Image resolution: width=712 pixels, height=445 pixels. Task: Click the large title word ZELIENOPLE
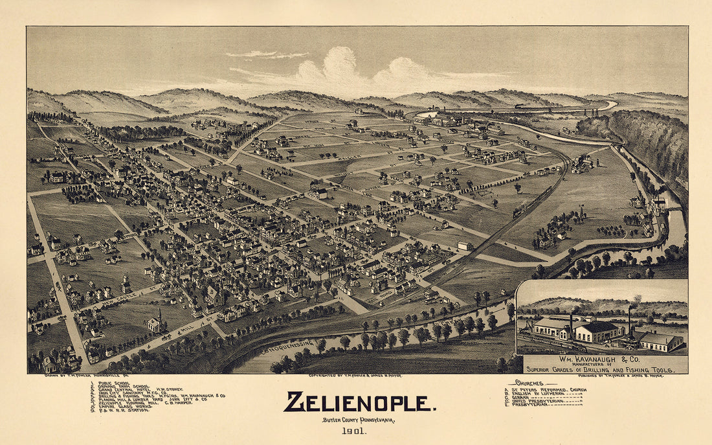(359, 403)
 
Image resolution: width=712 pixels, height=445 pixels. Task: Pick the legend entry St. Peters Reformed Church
(548, 389)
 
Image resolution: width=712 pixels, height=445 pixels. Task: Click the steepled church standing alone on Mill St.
(155, 322)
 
